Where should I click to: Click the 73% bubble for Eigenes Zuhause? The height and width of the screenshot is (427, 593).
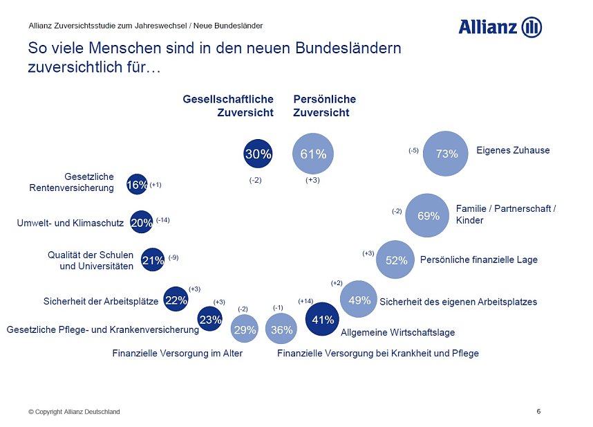(446, 154)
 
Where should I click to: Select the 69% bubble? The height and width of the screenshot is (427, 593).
(429, 216)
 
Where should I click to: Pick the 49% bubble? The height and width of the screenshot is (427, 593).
(359, 300)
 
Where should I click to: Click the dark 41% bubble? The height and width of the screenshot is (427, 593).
(323, 320)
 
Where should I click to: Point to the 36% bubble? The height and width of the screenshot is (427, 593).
(281, 330)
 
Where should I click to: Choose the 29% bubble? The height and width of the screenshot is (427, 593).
(245, 330)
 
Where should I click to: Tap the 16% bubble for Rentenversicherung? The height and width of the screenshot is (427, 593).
(137, 185)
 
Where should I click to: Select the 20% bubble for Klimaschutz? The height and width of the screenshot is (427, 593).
(141, 222)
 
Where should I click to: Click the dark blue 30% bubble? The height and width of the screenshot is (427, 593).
(258, 154)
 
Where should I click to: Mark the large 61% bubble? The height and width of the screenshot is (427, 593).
(313, 154)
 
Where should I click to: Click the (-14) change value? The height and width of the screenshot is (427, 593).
(162, 220)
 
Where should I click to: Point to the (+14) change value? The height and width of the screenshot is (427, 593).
(305, 301)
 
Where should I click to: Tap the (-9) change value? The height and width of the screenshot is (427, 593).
(173, 257)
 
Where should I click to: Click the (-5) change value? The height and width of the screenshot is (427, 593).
(413, 150)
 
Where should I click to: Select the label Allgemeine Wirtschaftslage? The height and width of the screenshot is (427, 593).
(398, 332)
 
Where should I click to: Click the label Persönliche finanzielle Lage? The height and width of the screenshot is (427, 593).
(478, 260)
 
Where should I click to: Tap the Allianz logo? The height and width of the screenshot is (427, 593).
(500, 27)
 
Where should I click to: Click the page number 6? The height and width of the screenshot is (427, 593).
(538, 412)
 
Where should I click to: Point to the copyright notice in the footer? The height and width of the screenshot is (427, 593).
(74, 412)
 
